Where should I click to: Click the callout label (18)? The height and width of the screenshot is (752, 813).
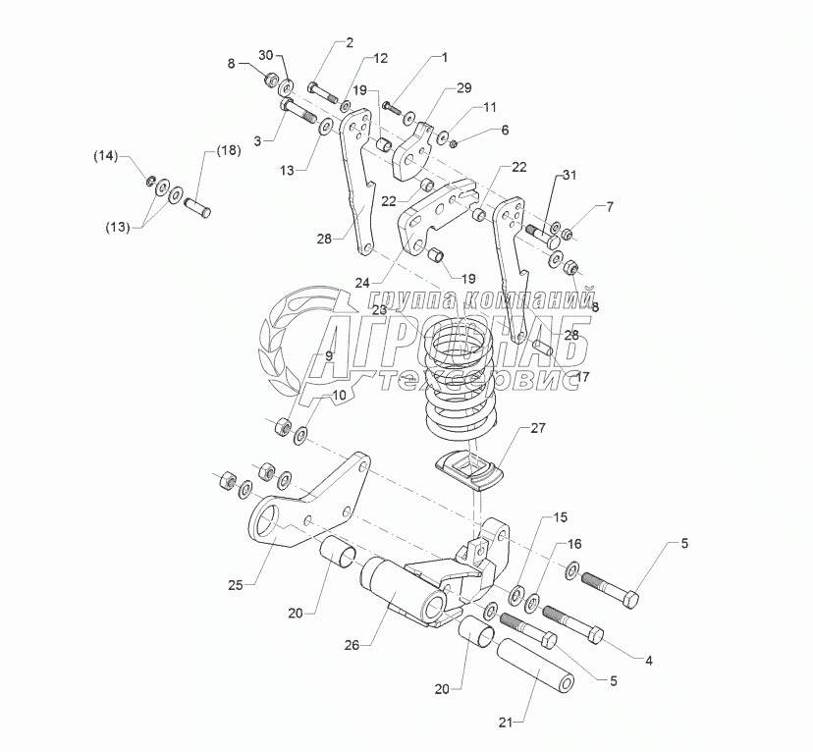227,150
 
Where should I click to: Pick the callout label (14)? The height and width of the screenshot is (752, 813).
105,156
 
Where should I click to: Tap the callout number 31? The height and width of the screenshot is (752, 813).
570,176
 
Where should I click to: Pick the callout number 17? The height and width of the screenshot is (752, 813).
584,375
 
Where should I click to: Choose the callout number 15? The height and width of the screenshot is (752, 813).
561,516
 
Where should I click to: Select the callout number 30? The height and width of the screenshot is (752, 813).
266,55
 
